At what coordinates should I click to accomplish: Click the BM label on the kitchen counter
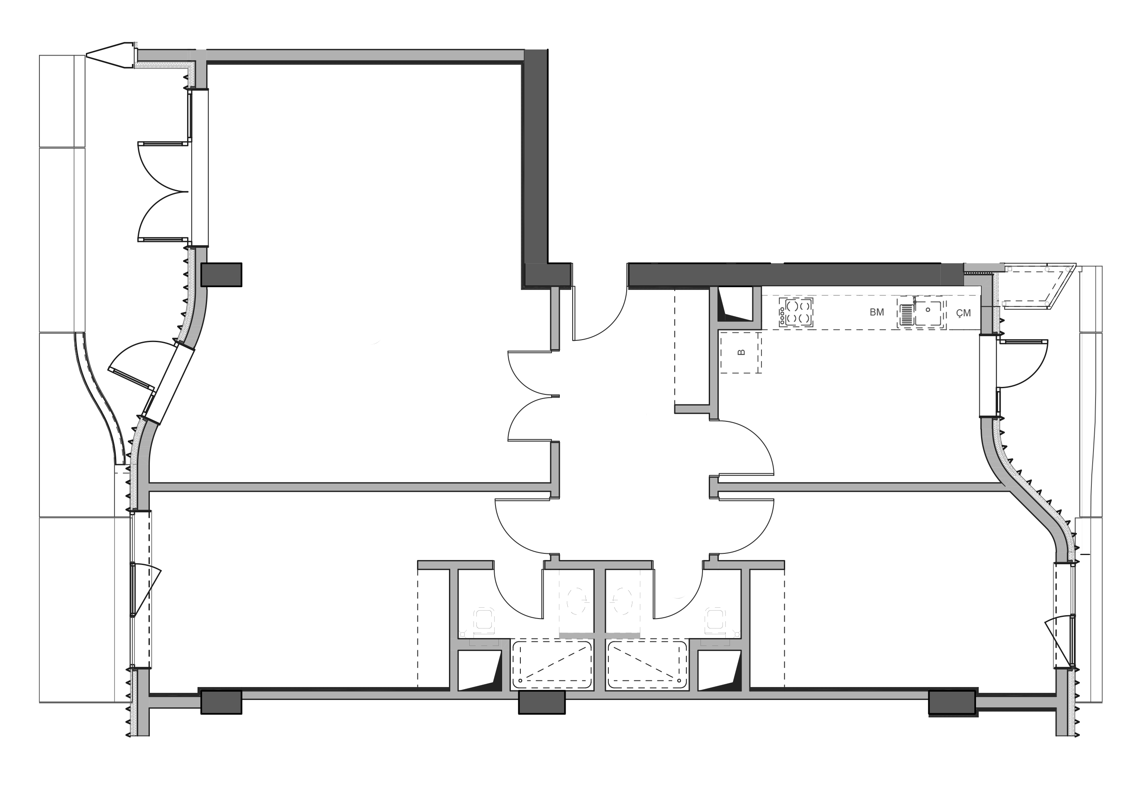pyautogui.click(x=876, y=313)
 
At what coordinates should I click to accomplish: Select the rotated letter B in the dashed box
pyautogui.click(x=741, y=352)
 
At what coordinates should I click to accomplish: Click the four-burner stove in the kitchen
pyautogui.click(x=796, y=313)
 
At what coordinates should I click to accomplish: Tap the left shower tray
pyautogui.click(x=552, y=665)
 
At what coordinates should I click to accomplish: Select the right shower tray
pyautogui.click(x=647, y=665)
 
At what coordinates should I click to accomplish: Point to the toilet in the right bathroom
pyautogui.click(x=623, y=601)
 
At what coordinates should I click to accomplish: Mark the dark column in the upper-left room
pyautogui.click(x=222, y=274)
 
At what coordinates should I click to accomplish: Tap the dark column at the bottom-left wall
pyautogui.click(x=221, y=702)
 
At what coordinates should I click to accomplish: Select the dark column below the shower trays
pyautogui.click(x=542, y=702)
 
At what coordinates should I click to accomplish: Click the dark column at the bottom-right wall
pyautogui.click(x=952, y=702)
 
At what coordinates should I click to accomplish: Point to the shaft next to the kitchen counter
pyautogui.click(x=735, y=304)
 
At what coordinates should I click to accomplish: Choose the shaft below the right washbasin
pyautogui.click(x=720, y=670)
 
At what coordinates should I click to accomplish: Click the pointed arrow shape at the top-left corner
pyautogui.click(x=111, y=55)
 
